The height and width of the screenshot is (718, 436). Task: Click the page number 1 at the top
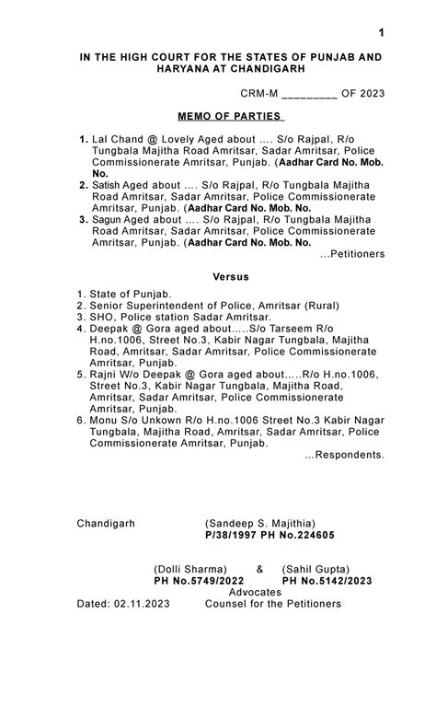(381, 33)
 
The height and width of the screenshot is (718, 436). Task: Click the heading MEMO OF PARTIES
(231, 117)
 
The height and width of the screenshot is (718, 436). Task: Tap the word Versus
(231, 276)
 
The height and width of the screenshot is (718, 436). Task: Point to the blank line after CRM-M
(309, 94)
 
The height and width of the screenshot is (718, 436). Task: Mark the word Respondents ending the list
(346, 454)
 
